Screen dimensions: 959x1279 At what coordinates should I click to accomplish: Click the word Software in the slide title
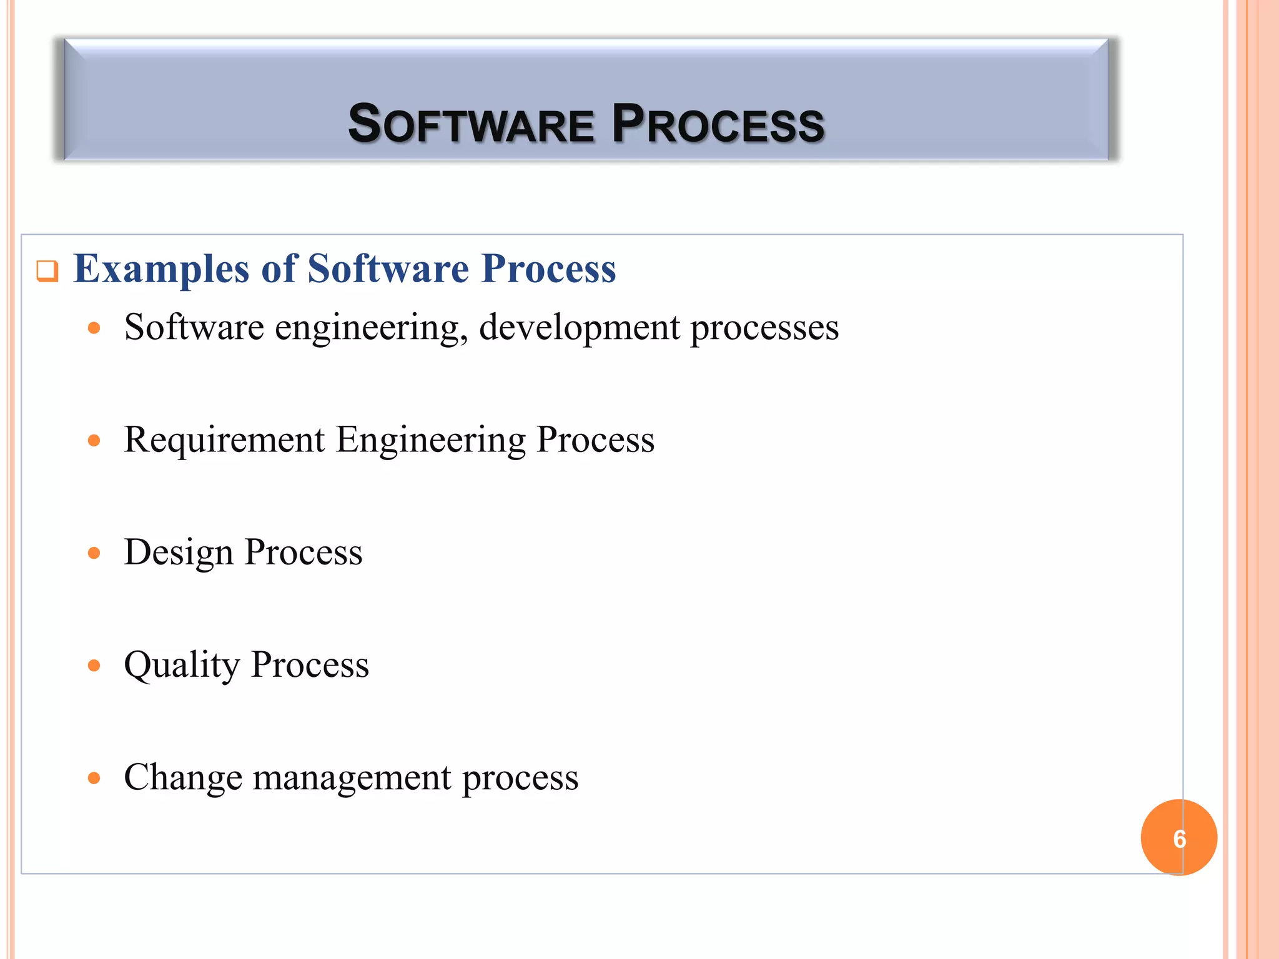point(471,124)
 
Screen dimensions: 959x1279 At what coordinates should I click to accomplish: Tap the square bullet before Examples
point(47,272)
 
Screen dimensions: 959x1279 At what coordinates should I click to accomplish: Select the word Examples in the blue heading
point(162,270)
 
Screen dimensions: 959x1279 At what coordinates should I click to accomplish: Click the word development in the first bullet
point(579,328)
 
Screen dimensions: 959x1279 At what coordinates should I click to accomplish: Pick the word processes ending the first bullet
point(764,328)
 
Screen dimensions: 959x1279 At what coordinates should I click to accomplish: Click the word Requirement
point(224,440)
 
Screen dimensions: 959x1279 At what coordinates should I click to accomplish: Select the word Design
point(179,553)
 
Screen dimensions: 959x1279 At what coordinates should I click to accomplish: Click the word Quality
point(182,666)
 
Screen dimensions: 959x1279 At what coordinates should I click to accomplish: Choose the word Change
point(183,777)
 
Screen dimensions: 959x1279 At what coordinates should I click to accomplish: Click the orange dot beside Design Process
point(94,553)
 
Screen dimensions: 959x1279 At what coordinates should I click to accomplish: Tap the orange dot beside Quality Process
point(94,666)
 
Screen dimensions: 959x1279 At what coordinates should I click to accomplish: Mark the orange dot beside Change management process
point(94,778)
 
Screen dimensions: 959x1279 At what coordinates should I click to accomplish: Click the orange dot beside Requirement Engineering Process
point(94,441)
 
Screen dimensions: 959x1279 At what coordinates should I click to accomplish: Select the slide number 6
point(1179,839)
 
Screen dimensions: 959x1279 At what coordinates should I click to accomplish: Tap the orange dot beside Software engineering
point(94,328)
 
